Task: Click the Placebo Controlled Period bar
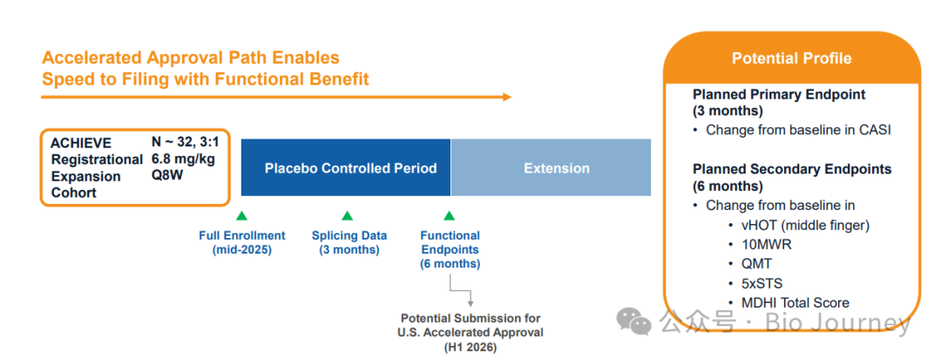(346, 167)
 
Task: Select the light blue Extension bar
(551, 167)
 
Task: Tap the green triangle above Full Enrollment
(242, 216)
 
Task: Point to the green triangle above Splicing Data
(347, 216)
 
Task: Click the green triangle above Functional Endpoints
(449, 216)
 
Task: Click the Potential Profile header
(791, 58)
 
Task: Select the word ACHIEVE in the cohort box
(81, 144)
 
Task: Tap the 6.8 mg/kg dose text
(183, 160)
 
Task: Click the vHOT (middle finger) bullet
(804, 225)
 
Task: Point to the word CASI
(874, 130)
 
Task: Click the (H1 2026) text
(470, 347)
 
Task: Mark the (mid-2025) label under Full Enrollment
(242, 249)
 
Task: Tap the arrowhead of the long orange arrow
(507, 97)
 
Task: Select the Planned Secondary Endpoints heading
(792, 169)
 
